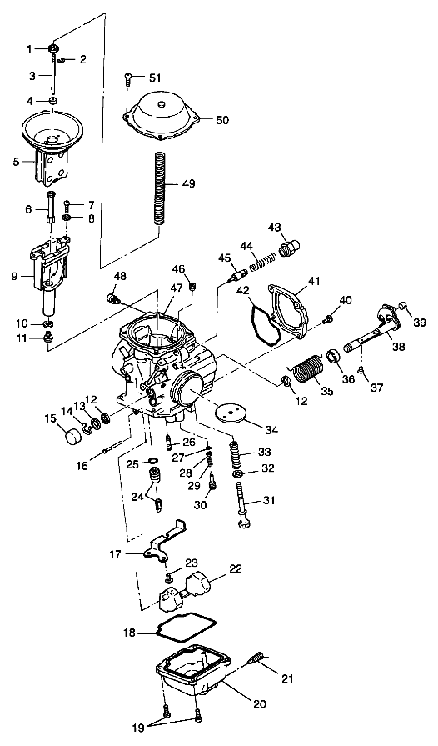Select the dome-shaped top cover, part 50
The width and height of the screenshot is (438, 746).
point(158,112)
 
